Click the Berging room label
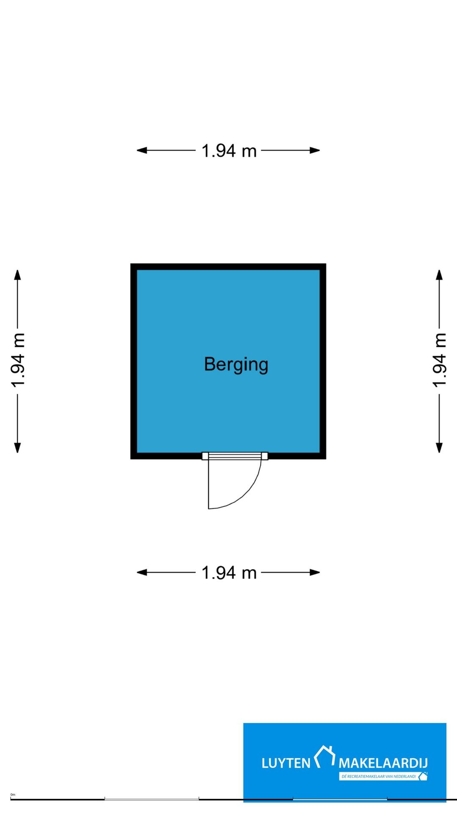(x=236, y=365)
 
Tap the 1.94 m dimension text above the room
(x=229, y=151)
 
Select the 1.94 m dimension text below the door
(x=229, y=573)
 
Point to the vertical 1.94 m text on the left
(x=18, y=360)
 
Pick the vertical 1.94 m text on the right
(x=440, y=360)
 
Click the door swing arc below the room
(x=247, y=493)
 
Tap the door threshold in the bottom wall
(x=235, y=456)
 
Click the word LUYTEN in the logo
(x=286, y=763)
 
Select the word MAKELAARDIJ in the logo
(x=383, y=763)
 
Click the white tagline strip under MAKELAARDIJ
(x=383, y=776)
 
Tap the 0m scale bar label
(x=13, y=795)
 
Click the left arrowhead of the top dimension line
(x=142, y=150)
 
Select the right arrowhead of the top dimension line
(x=315, y=150)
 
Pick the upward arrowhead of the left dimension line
(x=17, y=275)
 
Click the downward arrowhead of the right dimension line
(x=439, y=448)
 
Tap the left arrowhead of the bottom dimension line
(x=142, y=572)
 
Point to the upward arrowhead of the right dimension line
(x=439, y=275)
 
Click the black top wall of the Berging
(x=228, y=267)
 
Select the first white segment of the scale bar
(x=151, y=799)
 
